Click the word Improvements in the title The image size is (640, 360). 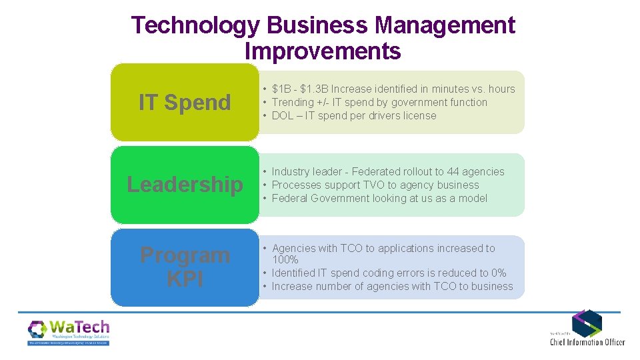click(323, 51)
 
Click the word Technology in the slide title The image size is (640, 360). click(195, 25)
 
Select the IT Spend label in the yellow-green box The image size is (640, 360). click(185, 103)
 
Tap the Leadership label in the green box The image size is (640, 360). click(185, 185)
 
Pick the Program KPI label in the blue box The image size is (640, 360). click(185, 267)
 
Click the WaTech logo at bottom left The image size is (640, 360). click(69, 331)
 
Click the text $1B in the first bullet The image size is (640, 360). click(282, 89)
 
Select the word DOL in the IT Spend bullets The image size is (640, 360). click(283, 115)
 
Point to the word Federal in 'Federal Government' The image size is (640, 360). click(290, 198)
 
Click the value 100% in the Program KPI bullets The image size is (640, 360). click(285, 259)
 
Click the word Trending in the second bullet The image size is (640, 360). click(293, 102)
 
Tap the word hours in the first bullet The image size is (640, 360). click(501, 89)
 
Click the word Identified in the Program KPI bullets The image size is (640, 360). click(295, 273)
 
